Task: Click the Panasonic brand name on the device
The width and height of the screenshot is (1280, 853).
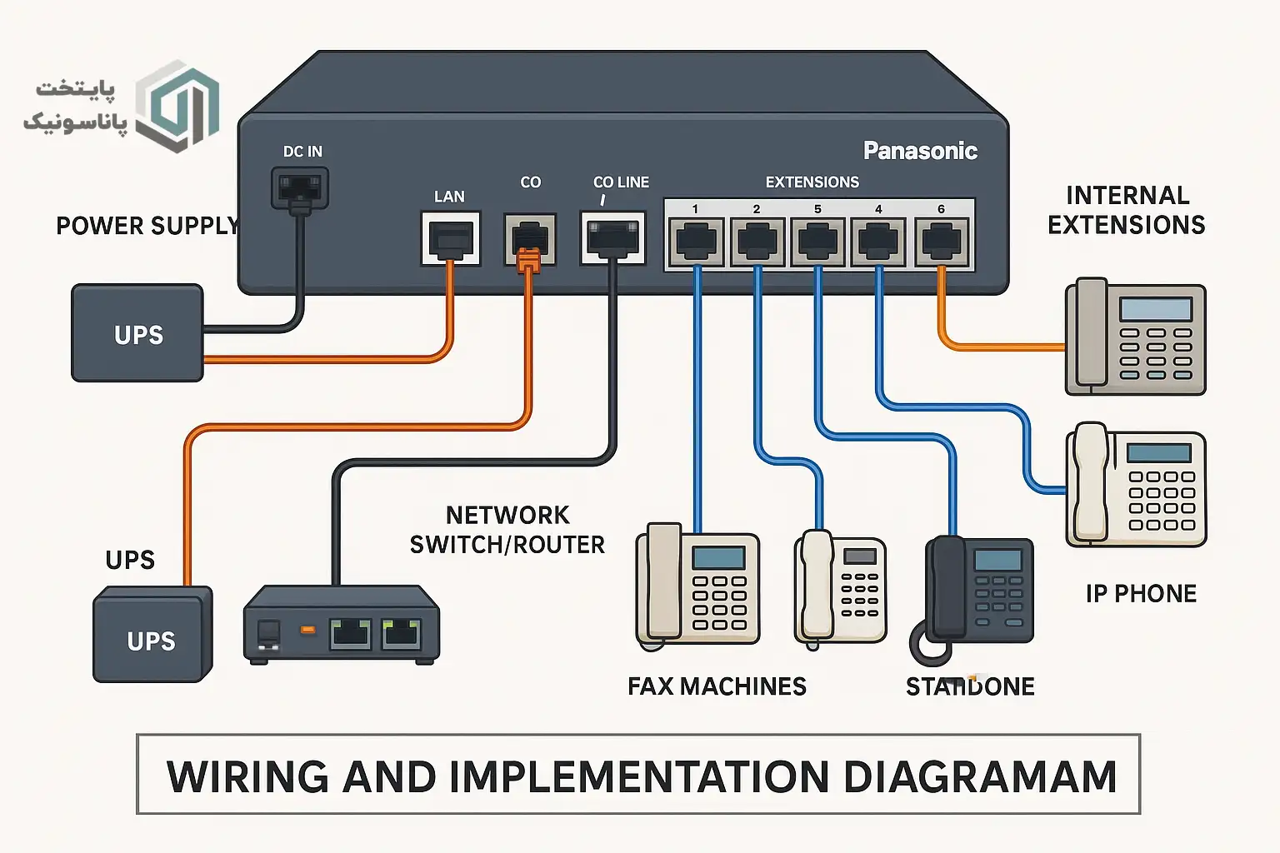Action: tap(920, 151)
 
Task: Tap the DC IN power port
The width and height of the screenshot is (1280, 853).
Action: tap(300, 188)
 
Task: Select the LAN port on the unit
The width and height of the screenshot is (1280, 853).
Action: tap(451, 238)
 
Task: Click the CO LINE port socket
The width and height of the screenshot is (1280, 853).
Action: tap(612, 237)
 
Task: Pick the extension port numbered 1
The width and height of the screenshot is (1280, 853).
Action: tap(696, 242)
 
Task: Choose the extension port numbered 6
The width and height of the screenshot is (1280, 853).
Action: tap(942, 242)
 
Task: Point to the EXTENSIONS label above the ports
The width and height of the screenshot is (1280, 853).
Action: tap(812, 182)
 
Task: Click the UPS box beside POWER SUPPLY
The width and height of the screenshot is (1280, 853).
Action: tap(137, 333)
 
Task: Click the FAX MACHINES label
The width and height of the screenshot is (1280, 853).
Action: tap(717, 686)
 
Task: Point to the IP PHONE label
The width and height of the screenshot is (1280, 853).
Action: tap(1141, 594)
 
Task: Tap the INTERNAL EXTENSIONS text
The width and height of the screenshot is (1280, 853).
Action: tap(1126, 210)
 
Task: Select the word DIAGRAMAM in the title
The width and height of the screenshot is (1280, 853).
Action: tap(979, 777)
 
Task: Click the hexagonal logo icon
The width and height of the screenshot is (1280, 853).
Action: tap(177, 106)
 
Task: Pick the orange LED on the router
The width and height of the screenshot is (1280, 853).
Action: tap(307, 630)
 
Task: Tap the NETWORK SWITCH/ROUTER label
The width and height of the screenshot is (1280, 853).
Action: tap(507, 530)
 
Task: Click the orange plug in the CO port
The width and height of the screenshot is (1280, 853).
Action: tap(528, 261)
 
